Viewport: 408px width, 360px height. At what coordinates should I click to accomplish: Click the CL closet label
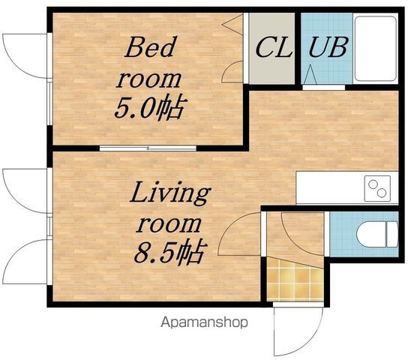(x=274, y=47)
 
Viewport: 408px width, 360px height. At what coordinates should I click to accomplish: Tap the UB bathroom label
(x=328, y=46)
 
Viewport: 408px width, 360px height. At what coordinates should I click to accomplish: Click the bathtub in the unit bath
(x=376, y=49)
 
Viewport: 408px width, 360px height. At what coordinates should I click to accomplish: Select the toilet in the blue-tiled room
(x=377, y=234)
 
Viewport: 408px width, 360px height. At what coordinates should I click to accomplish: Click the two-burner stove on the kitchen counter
(x=377, y=188)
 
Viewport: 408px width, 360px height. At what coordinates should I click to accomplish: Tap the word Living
(x=170, y=193)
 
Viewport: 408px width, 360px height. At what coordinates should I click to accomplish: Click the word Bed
(x=150, y=47)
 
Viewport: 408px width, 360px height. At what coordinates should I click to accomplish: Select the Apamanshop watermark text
(x=204, y=322)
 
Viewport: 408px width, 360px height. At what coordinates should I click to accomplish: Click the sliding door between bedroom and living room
(x=148, y=148)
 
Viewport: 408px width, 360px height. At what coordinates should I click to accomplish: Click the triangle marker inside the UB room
(x=310, y=75)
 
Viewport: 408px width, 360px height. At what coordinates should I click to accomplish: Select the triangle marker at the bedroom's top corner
(x=233, y=25)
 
